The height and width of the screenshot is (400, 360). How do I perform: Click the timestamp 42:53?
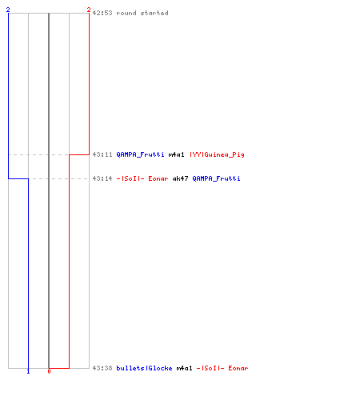coord(102,13)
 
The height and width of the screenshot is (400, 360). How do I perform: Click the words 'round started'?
coord(142,13)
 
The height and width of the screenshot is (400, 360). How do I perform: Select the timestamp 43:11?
coord(102,154)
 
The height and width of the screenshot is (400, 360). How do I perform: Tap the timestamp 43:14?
coord(102,178)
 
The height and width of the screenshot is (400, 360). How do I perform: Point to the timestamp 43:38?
coord(102,368)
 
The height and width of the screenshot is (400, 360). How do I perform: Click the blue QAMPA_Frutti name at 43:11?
coord(140,154)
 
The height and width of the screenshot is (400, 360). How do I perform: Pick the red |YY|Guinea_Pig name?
coord(217,154)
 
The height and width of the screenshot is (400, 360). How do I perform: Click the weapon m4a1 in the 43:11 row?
coord(176,154)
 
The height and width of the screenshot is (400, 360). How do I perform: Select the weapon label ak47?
coord(180,178)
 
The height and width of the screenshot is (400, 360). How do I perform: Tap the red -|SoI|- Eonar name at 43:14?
coord(142,178)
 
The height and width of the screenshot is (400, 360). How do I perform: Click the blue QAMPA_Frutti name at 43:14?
coord(216,178)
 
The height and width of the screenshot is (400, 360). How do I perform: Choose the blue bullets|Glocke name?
coord(144,368)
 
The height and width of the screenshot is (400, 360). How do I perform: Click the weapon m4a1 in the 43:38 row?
coord(184,368)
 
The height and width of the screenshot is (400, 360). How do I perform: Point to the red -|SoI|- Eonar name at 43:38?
coord(222,368)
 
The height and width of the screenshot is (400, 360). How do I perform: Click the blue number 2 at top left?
coord(8,10)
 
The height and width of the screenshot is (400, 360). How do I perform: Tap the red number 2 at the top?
coord(89,10)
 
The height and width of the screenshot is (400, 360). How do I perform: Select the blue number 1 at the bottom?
coord(28,371)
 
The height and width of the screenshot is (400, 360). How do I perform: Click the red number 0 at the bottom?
coord(49,371)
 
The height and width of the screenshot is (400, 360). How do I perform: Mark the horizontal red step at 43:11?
coord(79,154)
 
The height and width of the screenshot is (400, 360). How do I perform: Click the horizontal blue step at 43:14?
coord(18,178)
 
